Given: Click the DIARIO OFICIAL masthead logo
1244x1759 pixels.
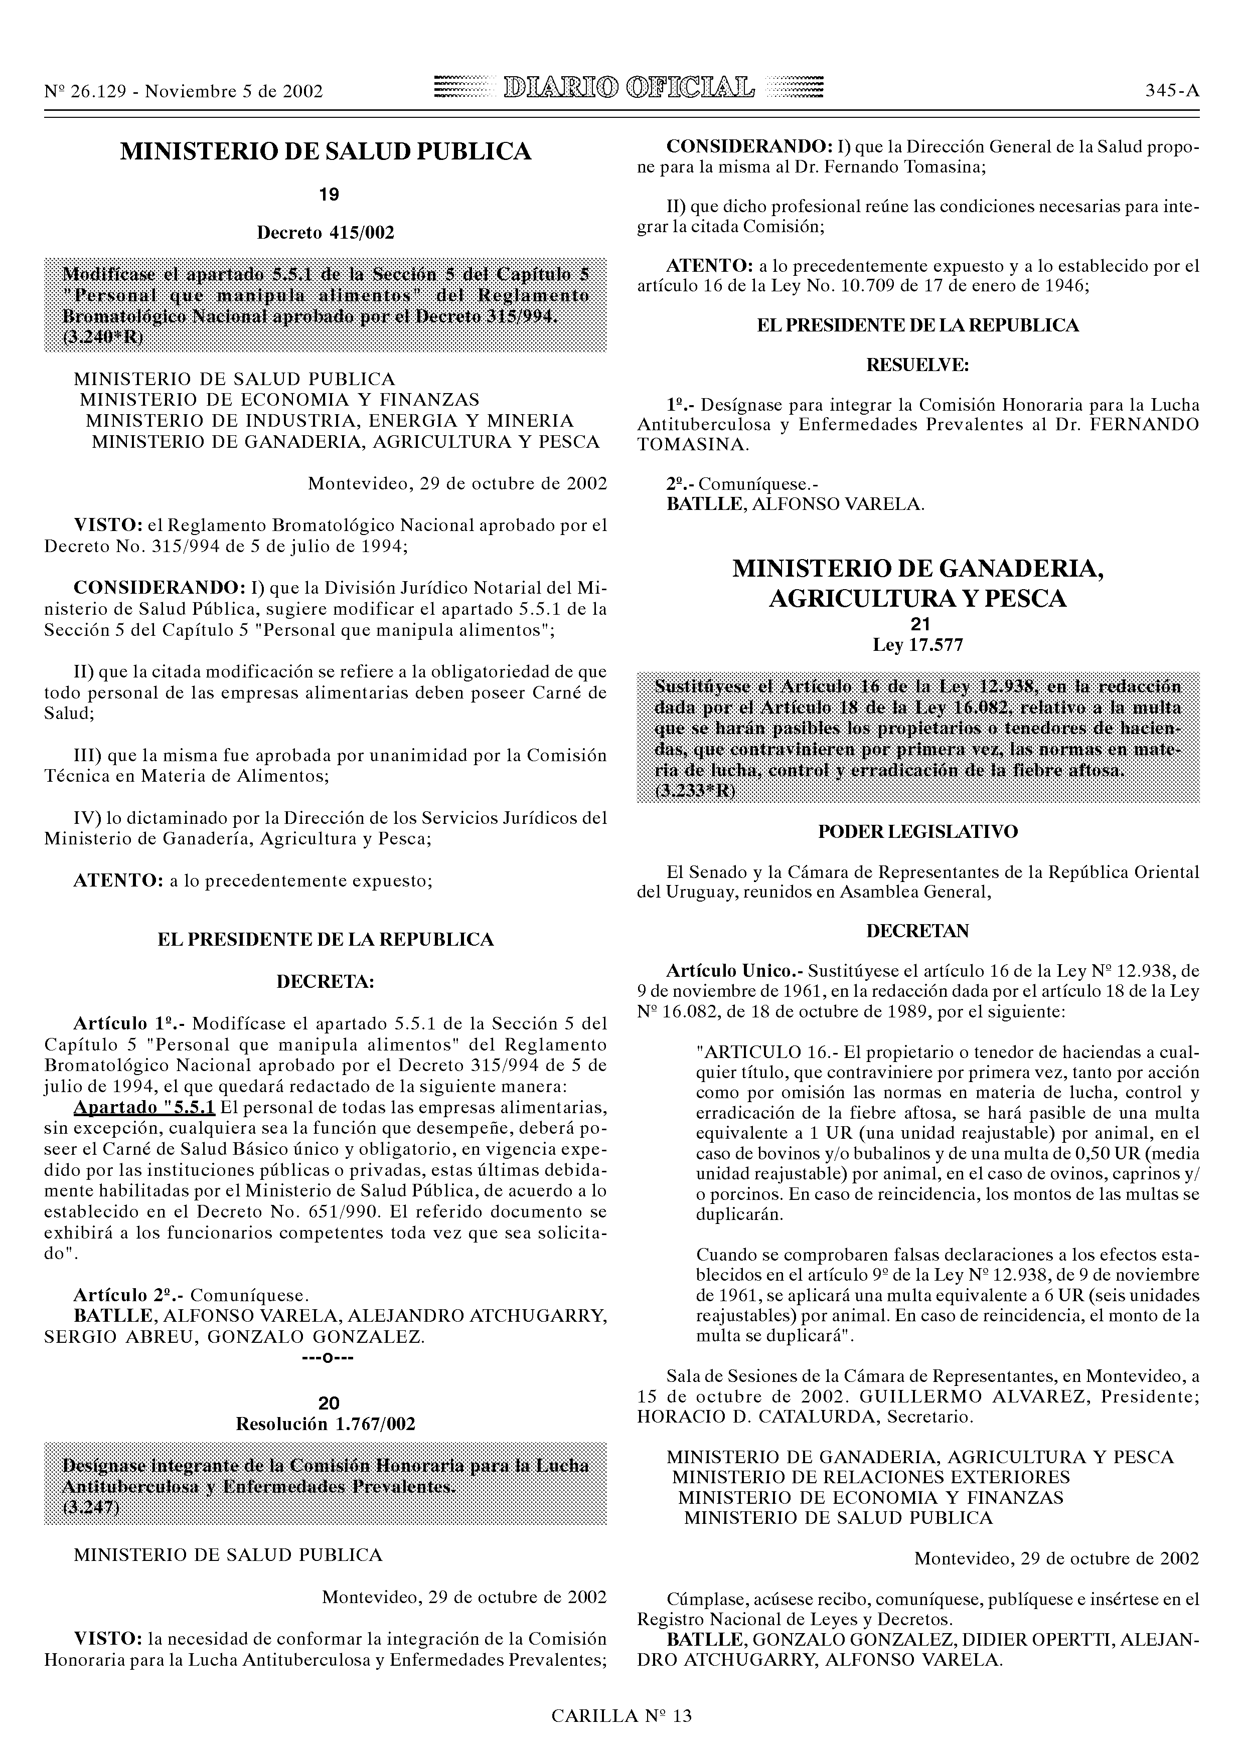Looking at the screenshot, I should click(x=628, y=90).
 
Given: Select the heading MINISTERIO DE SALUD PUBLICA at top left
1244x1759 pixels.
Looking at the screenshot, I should click(x=326, y=152).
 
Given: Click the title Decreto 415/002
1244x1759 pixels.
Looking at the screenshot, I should click(x=326, y=232).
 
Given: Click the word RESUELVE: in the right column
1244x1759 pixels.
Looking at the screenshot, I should click(x=917, y=366).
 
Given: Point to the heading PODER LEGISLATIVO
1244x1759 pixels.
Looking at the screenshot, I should click(x=917, y=831).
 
